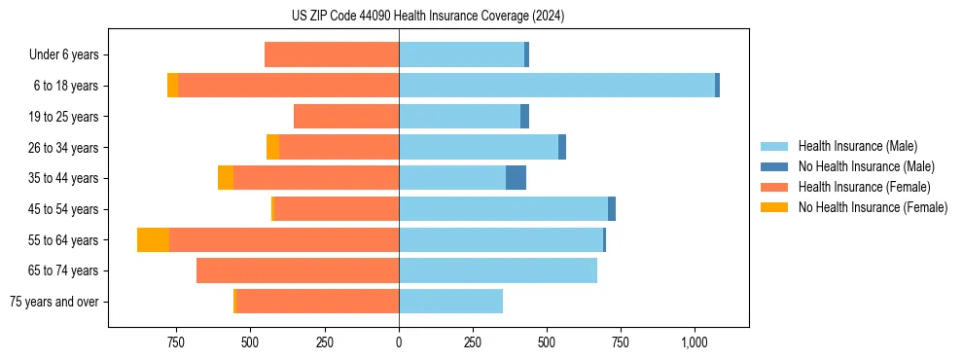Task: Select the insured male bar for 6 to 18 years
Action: click(x=556, y=86)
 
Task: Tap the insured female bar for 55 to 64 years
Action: click(x=284, y=240)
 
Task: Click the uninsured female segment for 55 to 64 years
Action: click(x=153, y=240)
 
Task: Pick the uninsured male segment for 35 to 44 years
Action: click(x=516, y=178)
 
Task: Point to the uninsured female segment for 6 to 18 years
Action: click(x=172, y=86)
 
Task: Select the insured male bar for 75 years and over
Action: click(x=450, y=302)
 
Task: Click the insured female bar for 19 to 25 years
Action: click(x=346, y=117)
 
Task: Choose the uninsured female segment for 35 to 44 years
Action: click(x=226, y=178)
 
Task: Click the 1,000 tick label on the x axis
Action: click(x=695, y=342)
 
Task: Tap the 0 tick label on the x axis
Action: click(x=399, y=342)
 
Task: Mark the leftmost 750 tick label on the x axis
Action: click(x=176, y=342)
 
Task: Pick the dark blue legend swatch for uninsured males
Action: click(x=775, y=166)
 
